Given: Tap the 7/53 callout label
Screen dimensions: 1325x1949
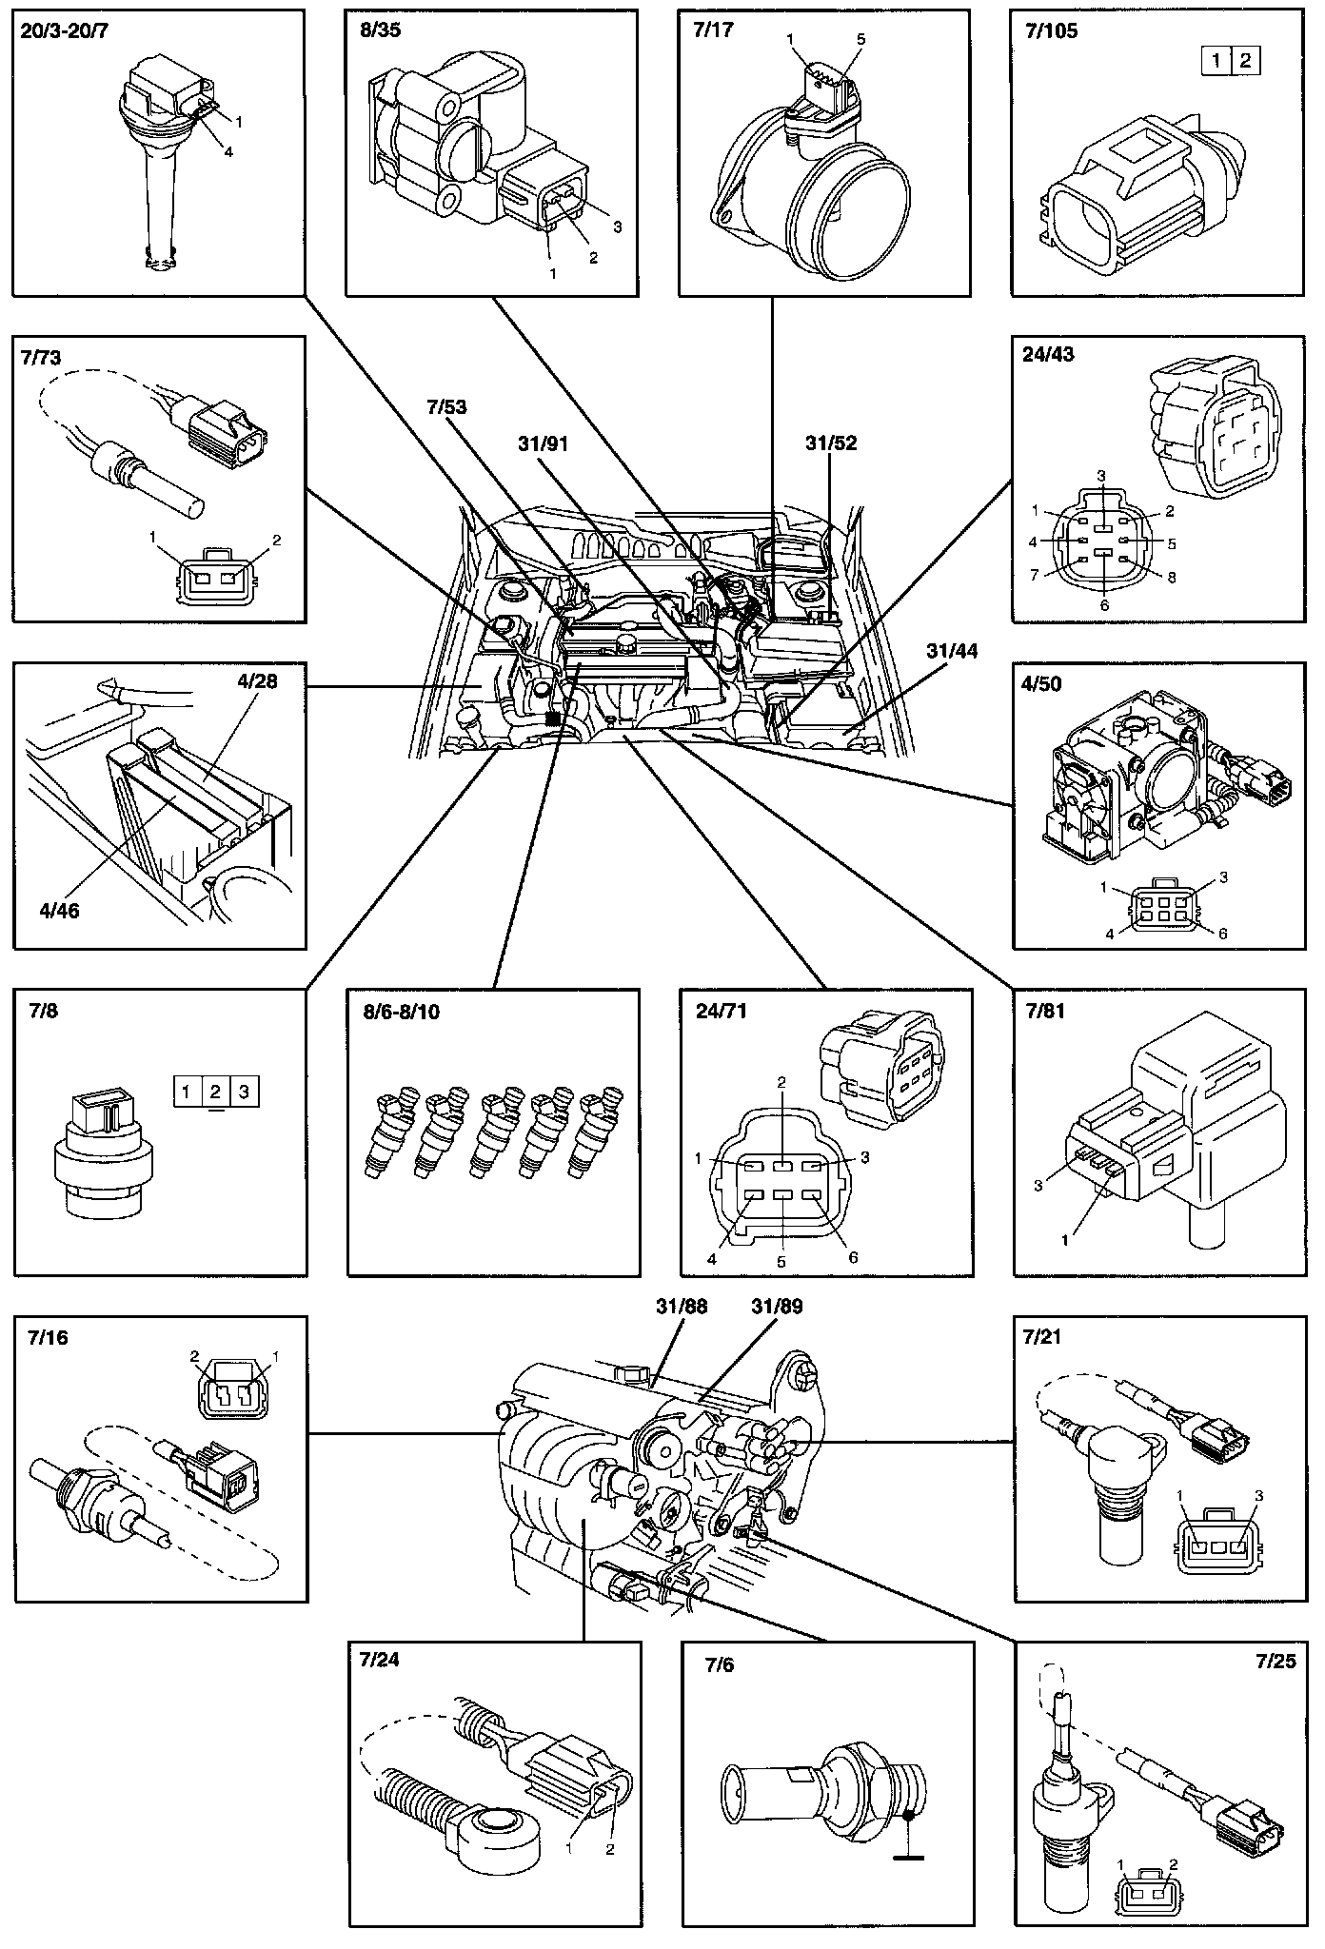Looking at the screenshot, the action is click(x=446, y=407).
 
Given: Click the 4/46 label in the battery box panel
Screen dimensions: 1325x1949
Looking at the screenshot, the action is click(x=58, y=911).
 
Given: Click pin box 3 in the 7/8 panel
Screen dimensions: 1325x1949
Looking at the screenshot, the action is click(x=245, y=1092).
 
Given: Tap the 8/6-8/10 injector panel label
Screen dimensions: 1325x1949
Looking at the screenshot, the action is click(x=394, y=1012).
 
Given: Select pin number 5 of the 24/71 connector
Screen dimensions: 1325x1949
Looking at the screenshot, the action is click(x=781, y=1263).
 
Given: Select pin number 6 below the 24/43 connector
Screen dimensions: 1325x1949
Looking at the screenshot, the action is click(x=1104, y=603).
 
